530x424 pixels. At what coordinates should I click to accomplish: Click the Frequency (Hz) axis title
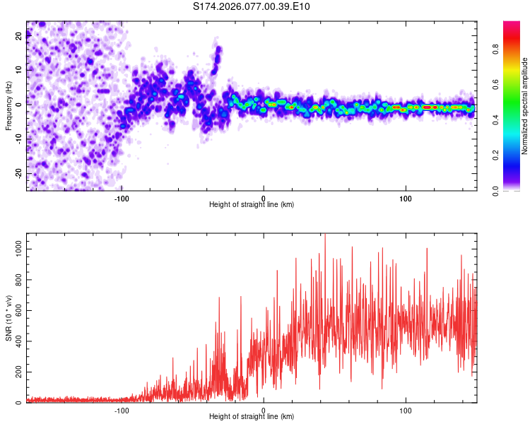pyautogui.click(x=8, y=106)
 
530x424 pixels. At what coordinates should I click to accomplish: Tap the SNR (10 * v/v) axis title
pyautogui.click(x=8, y=319)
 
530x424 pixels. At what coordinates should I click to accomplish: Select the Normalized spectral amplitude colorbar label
pyautogui.click(x=525, y=106)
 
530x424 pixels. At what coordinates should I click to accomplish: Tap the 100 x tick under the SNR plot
pyautogui.click(x=406, y=409)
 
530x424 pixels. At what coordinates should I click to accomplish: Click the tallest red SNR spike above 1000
pyautogui.click(x=325, y=236)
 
